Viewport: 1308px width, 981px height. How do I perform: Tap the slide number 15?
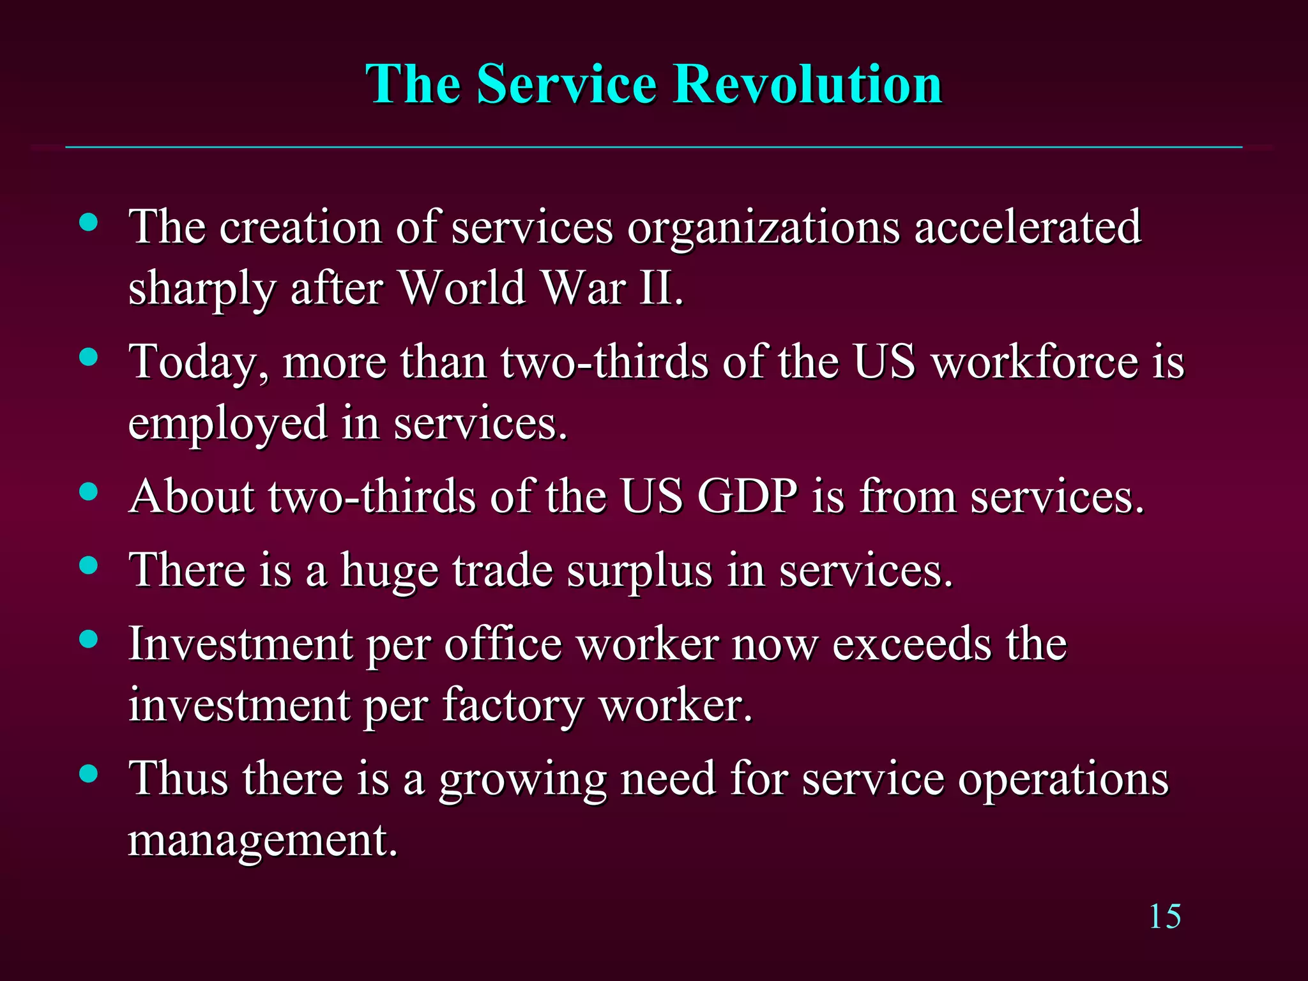1164,917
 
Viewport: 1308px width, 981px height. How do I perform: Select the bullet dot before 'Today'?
89,357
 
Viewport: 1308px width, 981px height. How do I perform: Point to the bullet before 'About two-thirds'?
89,492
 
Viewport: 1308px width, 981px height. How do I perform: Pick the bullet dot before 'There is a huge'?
89,565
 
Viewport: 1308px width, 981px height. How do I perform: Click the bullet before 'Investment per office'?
89,639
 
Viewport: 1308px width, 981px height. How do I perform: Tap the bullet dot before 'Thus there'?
89,773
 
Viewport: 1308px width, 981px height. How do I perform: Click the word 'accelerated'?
1028,227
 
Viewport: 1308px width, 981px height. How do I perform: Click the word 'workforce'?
1034,361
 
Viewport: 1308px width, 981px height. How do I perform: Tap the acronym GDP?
747,496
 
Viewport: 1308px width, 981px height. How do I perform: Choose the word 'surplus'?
639,570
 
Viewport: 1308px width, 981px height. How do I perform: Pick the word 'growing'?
522,780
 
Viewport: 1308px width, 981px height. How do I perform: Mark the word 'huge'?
389,570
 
